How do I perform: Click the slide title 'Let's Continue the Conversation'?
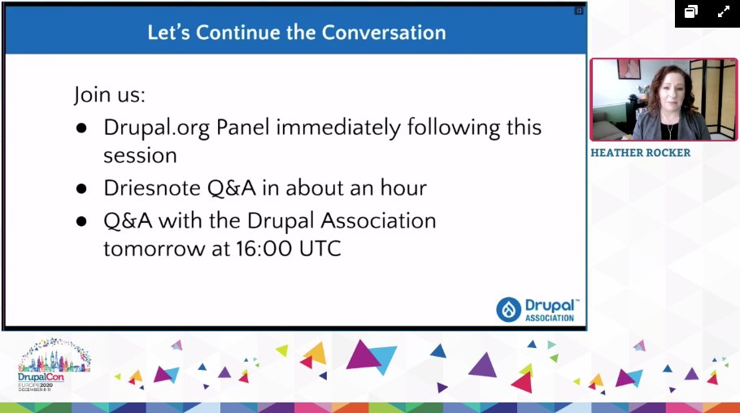coord(296,33)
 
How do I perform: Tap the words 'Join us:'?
coord(110,94)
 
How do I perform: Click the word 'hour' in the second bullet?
coord(402,188)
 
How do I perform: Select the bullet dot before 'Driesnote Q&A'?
coord(81,189)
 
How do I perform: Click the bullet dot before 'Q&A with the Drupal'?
coord(81,221)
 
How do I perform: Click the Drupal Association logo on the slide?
coord(538,309)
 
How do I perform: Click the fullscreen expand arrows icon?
coord(723,11)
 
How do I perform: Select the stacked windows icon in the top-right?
coord(691,11)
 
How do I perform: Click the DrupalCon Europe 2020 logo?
coord(54,367)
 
